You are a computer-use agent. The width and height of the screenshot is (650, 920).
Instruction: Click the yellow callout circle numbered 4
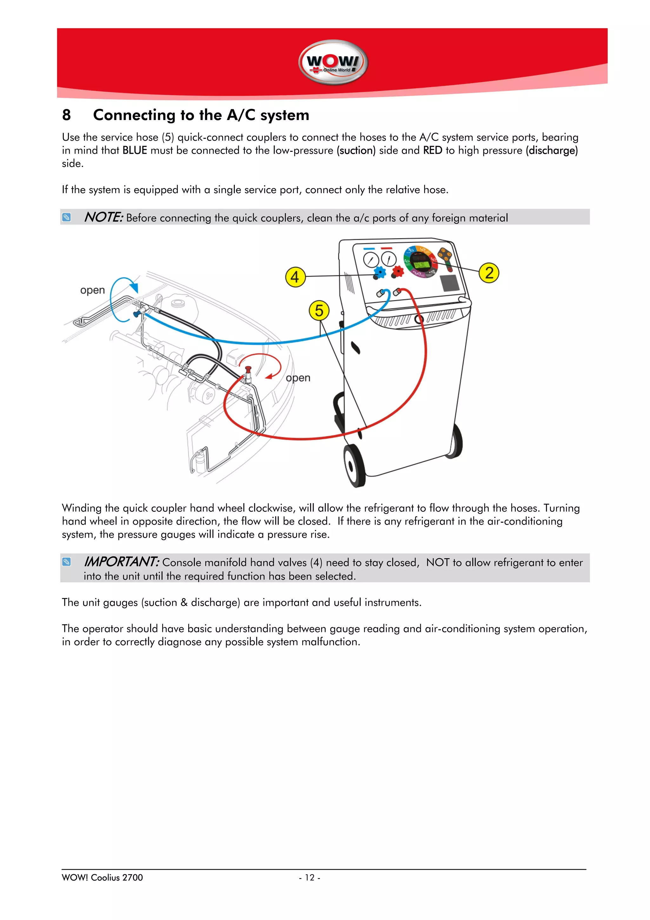[x=295, y=277]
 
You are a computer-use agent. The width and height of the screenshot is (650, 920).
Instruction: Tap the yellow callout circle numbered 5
[x=319, y=311]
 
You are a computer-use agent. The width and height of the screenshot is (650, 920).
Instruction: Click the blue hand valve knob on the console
[x=379, y=272]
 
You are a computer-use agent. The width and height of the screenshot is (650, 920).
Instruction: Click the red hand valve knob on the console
[x=398, y=271]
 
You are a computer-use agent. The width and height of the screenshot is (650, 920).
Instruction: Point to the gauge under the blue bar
[x=370, y=260]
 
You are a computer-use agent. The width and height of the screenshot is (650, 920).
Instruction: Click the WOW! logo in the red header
[x=333, y=62]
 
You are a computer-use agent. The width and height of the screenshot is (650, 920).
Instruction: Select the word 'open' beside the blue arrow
[x=92, y=290]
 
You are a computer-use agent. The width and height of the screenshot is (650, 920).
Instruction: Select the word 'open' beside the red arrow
[x=298, y=378]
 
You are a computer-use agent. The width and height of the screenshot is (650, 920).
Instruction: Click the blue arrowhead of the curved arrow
[x=135, y=288]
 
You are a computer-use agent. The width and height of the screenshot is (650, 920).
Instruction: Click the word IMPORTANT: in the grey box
[x=121, y=562]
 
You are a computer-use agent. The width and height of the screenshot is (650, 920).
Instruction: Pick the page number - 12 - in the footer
[x=309, y=877]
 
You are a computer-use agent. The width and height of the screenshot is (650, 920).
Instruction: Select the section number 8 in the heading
[x=66, y=115]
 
